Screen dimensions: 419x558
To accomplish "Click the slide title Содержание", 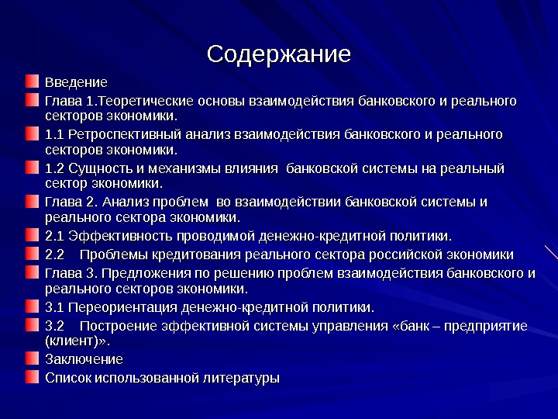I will pos(278,54).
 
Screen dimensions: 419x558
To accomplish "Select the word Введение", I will pos(76,81).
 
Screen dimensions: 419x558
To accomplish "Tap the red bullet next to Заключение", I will pos(30,358).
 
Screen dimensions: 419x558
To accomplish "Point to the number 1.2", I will pos(54,168).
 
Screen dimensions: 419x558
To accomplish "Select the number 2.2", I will pos(54,255).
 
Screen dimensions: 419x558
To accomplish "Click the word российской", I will pos(402,255).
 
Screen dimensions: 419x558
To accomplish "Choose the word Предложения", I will pos(141,273).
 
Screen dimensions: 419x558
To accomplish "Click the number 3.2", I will pos(54,326).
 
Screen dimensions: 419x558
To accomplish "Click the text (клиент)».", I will pos(77,340).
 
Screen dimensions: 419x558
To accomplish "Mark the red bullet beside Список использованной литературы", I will pos(30,378).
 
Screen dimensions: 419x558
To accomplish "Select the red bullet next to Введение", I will pos(30,81).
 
